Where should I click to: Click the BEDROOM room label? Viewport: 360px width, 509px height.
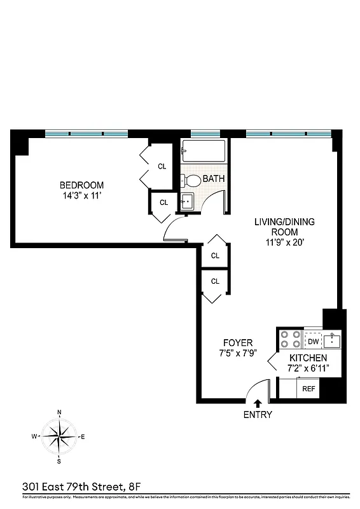81,185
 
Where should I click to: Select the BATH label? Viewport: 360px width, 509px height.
213,179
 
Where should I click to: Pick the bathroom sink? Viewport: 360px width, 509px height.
187,201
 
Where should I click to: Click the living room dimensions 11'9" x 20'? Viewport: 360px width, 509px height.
284,243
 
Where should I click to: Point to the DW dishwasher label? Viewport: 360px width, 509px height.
313,342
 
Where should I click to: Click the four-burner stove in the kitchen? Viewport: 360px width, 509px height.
290,338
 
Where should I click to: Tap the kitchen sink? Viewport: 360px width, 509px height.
332,340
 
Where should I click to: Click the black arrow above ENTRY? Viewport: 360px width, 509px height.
257,403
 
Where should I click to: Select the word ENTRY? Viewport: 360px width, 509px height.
257,415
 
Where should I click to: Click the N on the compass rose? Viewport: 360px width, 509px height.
59,412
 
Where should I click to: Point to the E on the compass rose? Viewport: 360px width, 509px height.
83,436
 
